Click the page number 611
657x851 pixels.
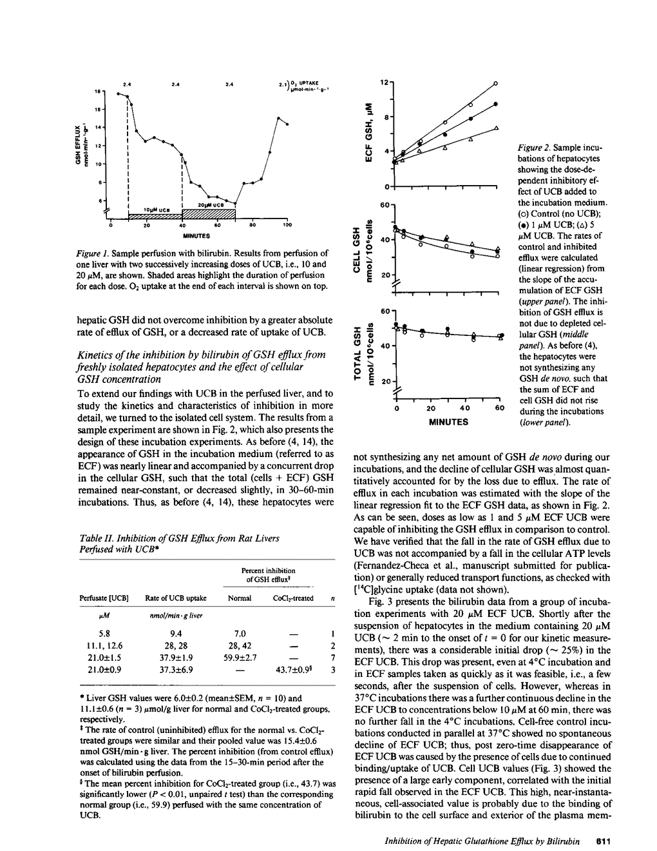(602, 841)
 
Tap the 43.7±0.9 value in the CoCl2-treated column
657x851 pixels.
(294, 670)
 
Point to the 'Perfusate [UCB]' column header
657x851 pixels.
(104, 598)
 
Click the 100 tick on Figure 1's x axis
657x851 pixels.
(287, 226)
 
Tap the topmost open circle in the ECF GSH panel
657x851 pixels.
(496, 83)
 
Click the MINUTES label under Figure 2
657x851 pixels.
(448, 422)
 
